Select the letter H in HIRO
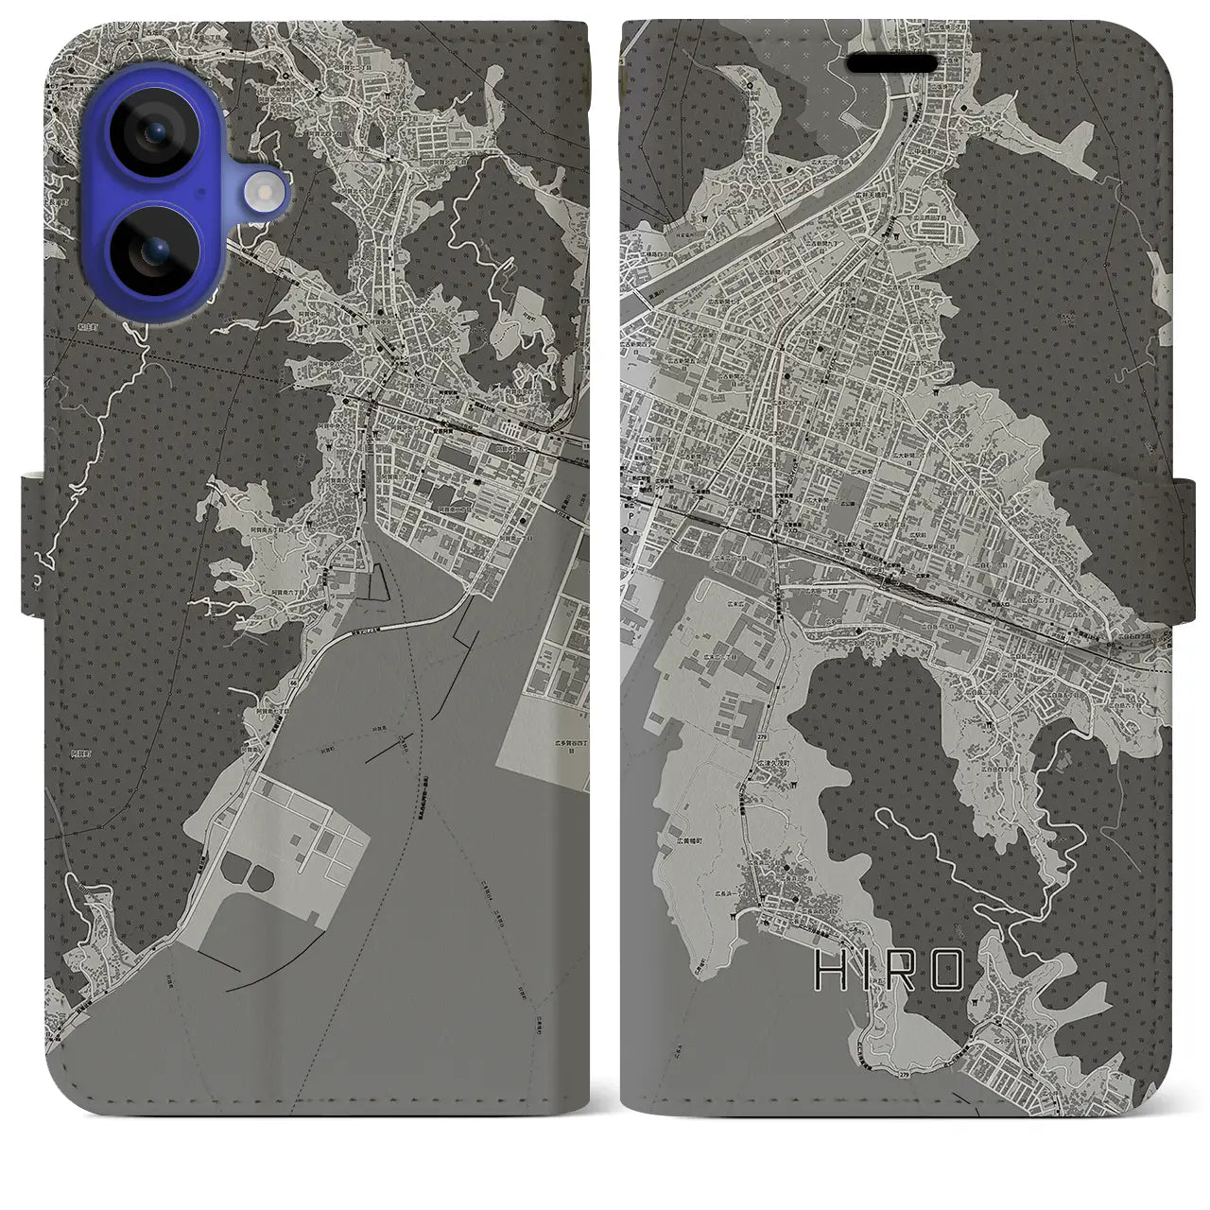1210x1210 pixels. coord(828,970)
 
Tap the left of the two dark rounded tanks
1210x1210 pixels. coord(235,862)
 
